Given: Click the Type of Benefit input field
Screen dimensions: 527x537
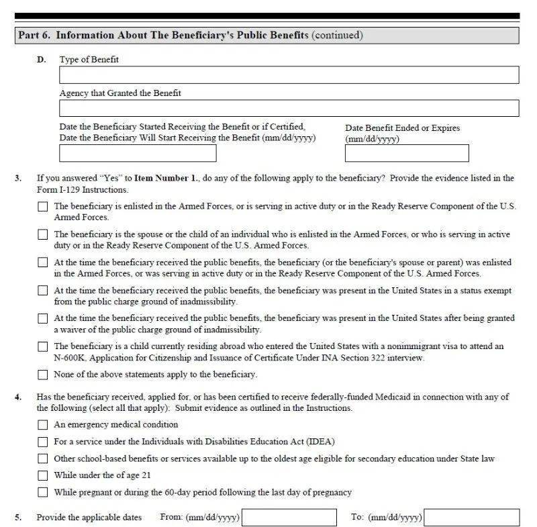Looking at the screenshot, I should tap(289, 75).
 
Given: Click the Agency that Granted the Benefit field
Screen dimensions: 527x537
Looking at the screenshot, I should tap(289, 108).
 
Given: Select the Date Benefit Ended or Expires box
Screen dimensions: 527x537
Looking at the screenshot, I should tap(407, 153).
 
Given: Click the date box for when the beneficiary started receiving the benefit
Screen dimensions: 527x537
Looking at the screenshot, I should tap(138, 153).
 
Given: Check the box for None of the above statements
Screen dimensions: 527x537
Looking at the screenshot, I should tap(43, 375).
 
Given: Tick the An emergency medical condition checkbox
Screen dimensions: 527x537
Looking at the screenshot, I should tap(43, 425).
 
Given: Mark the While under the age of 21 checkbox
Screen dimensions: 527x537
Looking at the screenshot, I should tap(43, 475).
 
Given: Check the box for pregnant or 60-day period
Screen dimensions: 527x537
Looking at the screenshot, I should tap(43, 492).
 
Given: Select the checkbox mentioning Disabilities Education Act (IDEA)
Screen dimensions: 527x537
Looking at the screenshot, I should tap(43, 442).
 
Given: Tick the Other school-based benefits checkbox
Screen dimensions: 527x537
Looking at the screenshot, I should tap(43, 459).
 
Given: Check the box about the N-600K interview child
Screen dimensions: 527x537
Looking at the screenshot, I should tap(43, 347).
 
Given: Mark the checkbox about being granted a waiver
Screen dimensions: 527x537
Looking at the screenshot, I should tap(43, 319).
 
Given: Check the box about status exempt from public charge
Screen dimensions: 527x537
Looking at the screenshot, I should tap(43, 291).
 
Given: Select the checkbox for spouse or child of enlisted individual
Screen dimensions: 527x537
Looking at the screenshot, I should tap(43, 235).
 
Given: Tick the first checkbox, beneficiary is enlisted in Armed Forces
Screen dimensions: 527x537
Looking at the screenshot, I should tap(43, 207).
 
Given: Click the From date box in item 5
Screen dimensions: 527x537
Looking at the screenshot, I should tap(289, 518).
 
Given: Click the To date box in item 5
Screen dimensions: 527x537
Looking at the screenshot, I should tap(471, 518).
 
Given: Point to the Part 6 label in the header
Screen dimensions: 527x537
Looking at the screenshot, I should tap(34, 35).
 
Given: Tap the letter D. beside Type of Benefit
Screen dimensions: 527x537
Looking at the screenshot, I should tap(42, 60).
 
